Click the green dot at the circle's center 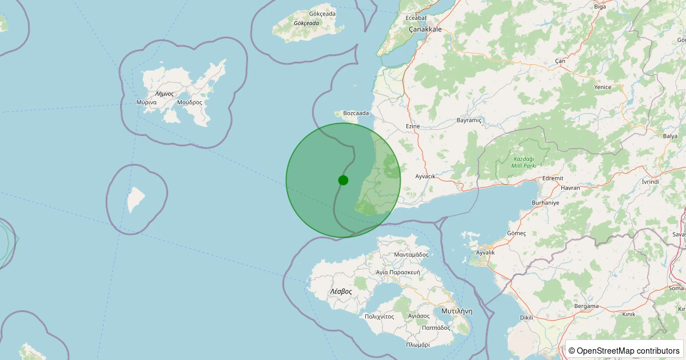coord(343,180)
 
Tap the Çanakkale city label coord(425,29)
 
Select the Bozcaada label coord(356,113)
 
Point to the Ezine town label coord(413,126)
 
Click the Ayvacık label coord(425,176)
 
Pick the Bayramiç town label coord(470,121)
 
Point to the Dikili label coord(527,317)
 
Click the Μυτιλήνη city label coord(457,311)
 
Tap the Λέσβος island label coord(341,291)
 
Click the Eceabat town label coord(416,18)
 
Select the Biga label coord(600,6)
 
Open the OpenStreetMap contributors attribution coord(625,350)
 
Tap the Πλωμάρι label coord(418,345)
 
